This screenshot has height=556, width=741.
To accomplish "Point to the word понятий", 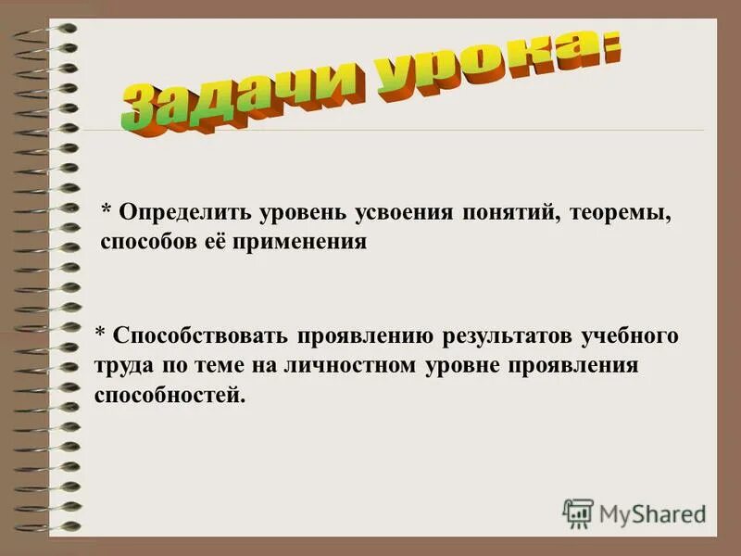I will pos(507,214).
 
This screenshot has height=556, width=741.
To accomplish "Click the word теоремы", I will pos(622,214).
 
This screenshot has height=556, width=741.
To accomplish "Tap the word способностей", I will pos(170,395).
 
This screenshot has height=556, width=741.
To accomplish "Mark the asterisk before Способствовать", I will pos(102,334).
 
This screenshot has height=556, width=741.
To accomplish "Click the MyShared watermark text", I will pos(653,513).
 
